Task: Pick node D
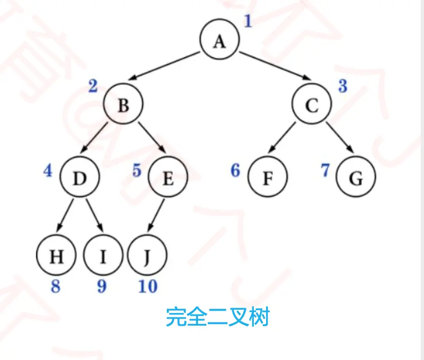tap(80, 178)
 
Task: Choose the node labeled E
tap(168, 178)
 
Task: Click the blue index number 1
tap(248, 21)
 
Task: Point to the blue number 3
tap(343, 86)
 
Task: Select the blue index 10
tap(147, 286)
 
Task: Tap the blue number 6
tap(236, 170)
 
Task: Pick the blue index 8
tap(55, 286)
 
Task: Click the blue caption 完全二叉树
tap(217, 318)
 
